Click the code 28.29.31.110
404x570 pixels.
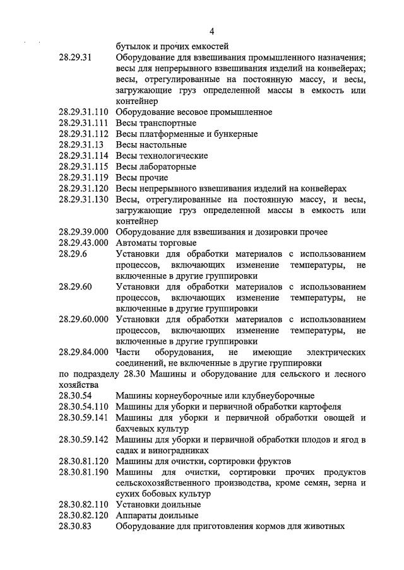pos(84,112)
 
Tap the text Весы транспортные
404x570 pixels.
pos(157,123)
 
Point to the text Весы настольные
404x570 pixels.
pos(151,145)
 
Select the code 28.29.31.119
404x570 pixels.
pos(84,178)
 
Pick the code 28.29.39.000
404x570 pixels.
pos(84,232)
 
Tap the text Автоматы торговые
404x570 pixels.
pos(157,243)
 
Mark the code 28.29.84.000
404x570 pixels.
pos(84,352)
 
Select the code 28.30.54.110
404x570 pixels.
pos(84,406)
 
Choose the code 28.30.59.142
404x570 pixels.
pos(84,439)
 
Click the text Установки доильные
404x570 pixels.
pos(158,504)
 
